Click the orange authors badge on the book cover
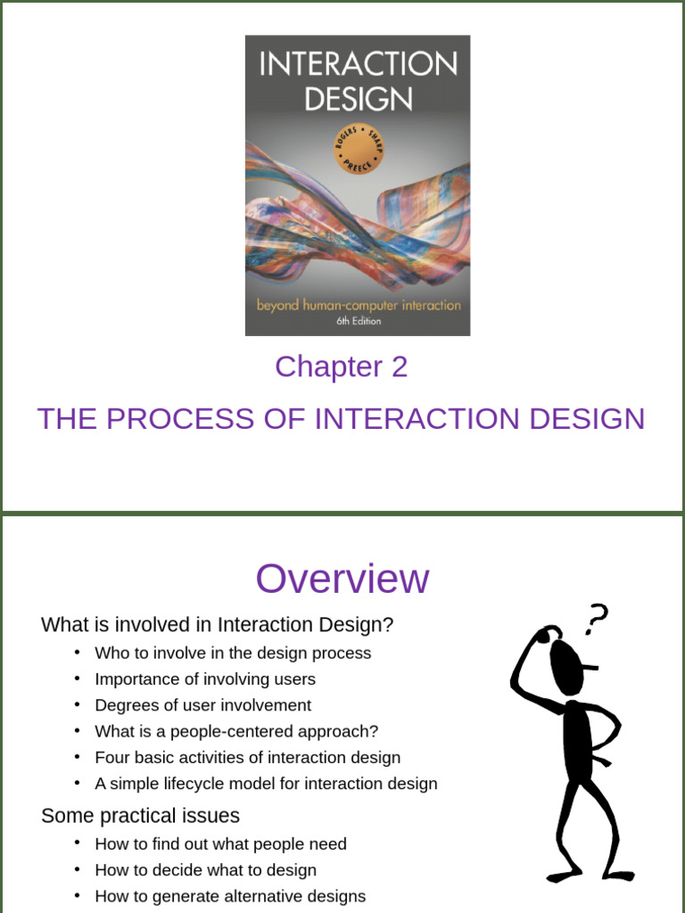pyautogui.click(x=358, y=147)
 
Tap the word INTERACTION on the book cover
pyautogui.click(x=358, y=64)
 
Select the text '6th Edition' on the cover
pyautogui.click(x=358, y=321)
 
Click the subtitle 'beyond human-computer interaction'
pyautogui.click(x=358, y=305)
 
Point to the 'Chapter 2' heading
pyautogui.click(x=341, y=366)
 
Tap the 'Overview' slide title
pyautogui.click(x=342, y=579)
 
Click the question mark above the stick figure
pyautogui.click(x=597, y=618)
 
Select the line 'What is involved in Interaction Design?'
pyautogui.click(x=217, y=625)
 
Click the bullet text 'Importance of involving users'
pyautogui.click(x=205, y=679)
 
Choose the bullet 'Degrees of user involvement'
pyautogui.click(x=202, y=705)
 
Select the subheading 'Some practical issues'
pyautogui.click(x=140, y=816)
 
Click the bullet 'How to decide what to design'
pyautogui.click(x=205, y=869)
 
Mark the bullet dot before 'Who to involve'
pyautogui.click(x=78, y=652)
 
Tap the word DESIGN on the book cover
pyautogui.click(x=358, y=98)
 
